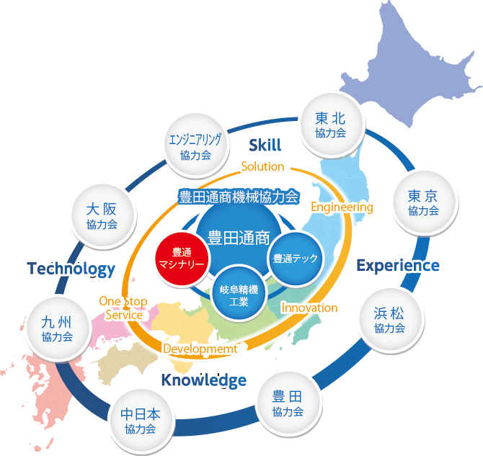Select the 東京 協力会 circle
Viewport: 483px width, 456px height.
(424, 203)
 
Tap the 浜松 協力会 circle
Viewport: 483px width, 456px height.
(391, 321)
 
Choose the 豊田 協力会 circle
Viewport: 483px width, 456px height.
(289, 403)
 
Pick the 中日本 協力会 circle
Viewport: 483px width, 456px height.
(141, 421)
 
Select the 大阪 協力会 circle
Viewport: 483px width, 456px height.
(103, 216)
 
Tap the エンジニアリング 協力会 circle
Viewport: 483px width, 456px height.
(196, 146)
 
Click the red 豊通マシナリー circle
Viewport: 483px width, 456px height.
(182, 259)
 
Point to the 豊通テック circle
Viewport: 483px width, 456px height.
(296, 259)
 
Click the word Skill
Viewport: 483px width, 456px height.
(265, 145)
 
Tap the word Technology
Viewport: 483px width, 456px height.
(71, 269)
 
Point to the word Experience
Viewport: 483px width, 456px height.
(398, 266)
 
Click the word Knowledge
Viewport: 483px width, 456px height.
(204, 380)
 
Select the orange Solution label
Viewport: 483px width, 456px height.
(262, 166)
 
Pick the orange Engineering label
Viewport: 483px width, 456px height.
(342, 207)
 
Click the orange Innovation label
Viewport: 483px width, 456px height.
(309, 308)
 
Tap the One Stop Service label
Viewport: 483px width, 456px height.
(123, 308)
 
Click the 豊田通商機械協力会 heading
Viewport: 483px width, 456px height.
(239, 197)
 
